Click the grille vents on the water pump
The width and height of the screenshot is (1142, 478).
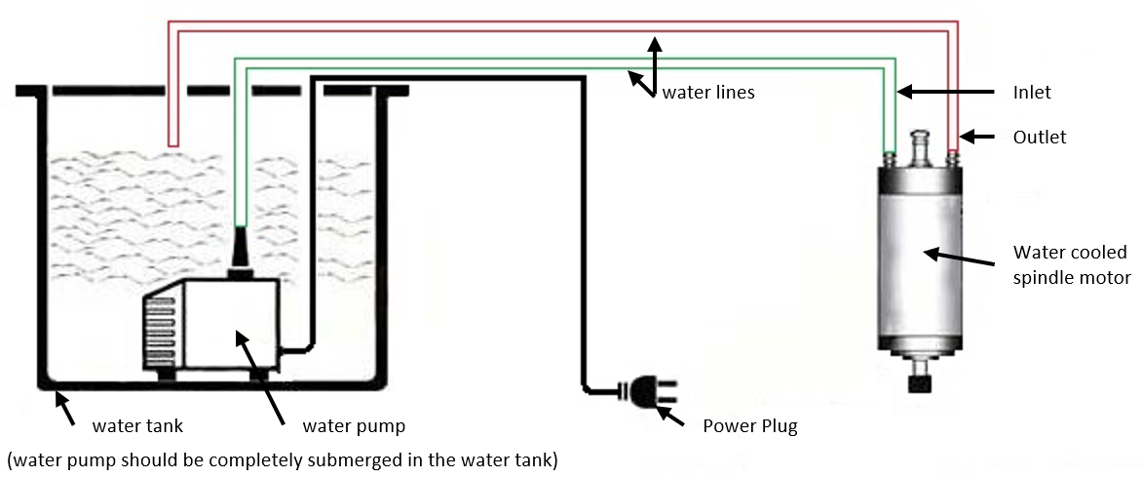(x=158, y=329)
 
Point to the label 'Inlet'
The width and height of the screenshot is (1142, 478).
(x=1032, y=93)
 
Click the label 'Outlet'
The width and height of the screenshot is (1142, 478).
(x=1040, y=138)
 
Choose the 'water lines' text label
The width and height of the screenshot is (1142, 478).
(x=708, y=93)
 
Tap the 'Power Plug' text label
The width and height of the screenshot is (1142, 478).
(x=750, y=425)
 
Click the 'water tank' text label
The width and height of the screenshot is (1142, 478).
(x=137, y=425)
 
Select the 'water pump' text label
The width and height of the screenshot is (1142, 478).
(x=354, y=425)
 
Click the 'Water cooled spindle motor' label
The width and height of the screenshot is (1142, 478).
(x=1071, y=265)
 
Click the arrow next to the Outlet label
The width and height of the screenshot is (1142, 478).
(x=979, y=137)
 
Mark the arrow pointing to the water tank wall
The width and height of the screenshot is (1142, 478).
(x=65, y=407)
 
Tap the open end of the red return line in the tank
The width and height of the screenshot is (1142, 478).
(x=172, y=144)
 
